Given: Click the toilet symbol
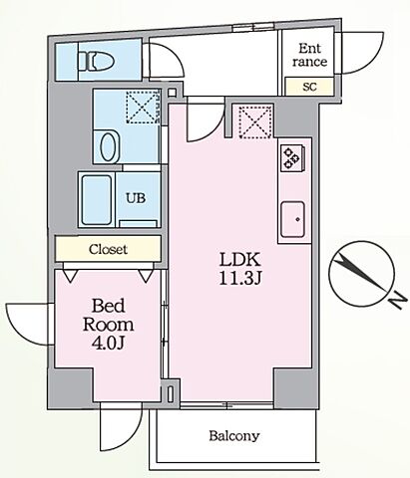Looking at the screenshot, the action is (x=96, y=61).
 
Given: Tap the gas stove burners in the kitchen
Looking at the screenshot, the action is (x=292, y=157).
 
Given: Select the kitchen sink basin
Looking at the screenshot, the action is (x=292, y=219).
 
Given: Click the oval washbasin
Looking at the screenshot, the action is (x=109, y=147).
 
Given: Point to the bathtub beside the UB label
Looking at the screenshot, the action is (x=97, y=200).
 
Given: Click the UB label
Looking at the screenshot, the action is (x=136, y=198).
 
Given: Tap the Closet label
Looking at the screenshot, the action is (x=108, y=249).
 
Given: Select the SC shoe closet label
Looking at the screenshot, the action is (x=309, y=87).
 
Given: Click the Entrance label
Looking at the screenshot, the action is (x=309, y=55).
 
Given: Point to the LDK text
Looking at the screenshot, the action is (x=240, y=260).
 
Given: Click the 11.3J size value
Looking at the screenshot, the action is (x=240, y=279).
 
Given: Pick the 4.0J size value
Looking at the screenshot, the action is (x=108, y=344).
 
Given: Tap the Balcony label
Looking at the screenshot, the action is (x=234, y=435).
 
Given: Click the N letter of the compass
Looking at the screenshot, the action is (x=398, y=301).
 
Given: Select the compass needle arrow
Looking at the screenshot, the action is (x=360, y=273).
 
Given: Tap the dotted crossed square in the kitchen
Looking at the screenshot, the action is (x=256, y=121).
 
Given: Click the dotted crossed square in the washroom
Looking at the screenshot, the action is (x=143, y=107).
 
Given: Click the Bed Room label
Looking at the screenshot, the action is (x=108, y=315).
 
